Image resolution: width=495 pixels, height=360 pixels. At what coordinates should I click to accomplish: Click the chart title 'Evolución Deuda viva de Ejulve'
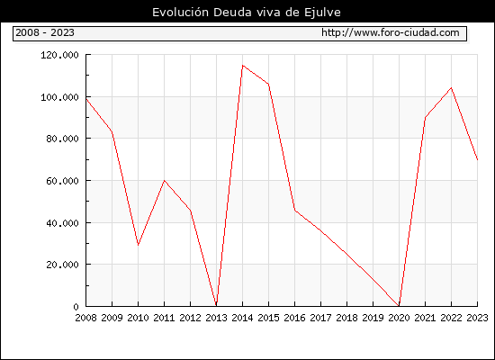[247, 13]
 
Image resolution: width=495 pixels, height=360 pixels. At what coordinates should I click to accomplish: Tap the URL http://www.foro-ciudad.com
[391, 32]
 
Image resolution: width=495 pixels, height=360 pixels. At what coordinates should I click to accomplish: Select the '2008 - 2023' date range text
[45, 32]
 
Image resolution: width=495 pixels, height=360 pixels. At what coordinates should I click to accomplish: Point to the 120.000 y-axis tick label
[59, 55]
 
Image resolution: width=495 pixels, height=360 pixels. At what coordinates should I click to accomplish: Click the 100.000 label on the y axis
[59, 97]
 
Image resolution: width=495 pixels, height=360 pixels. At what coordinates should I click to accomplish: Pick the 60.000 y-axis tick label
[62, 181]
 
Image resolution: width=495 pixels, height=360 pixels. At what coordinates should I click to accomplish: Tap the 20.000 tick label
[62, 265]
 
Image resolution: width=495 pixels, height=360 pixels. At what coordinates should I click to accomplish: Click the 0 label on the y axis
[76, 307]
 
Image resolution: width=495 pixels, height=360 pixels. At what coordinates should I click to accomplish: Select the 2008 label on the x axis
[85, 318]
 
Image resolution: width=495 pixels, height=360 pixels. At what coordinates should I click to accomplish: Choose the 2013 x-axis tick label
[216, 318]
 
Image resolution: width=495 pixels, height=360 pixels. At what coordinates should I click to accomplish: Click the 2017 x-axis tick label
[320, 318]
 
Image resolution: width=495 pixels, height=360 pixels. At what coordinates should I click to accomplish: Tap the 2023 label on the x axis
[477, 318]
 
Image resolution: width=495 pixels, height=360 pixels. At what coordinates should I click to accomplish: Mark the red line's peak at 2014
[242, 66]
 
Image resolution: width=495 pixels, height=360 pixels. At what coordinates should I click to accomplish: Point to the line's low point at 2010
[138, 245]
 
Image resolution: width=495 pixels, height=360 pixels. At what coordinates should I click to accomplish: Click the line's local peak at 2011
[164, 180]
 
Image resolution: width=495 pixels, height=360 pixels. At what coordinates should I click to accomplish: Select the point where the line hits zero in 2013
[216, 305]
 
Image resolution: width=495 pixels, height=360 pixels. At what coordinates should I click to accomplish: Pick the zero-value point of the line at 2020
[399, 305]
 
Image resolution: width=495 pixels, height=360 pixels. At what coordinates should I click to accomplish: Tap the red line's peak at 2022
[452, 88]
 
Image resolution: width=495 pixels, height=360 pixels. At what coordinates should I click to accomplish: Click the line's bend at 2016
[295, 210]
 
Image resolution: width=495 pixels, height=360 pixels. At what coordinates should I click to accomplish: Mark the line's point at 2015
[269, 84]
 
